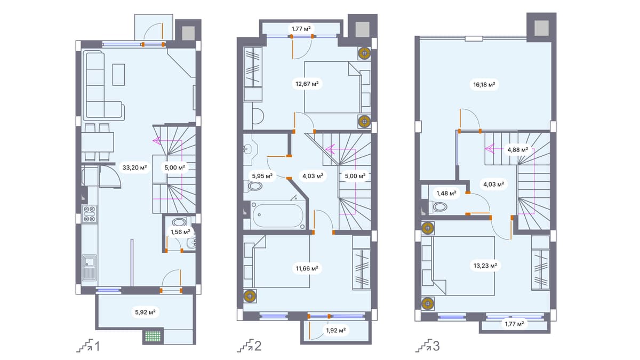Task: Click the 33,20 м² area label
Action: coord(134,167)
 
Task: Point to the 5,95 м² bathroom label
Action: coord(262,175)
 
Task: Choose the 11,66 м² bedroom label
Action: coord(307,269)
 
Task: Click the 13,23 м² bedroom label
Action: coord(484,265)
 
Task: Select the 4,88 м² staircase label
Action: coord(516,150)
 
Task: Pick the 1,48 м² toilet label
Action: coord(446,193)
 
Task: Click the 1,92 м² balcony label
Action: coord(336,330)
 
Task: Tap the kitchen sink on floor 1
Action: coord(89,268)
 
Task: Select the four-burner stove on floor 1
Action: coord(89,213)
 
